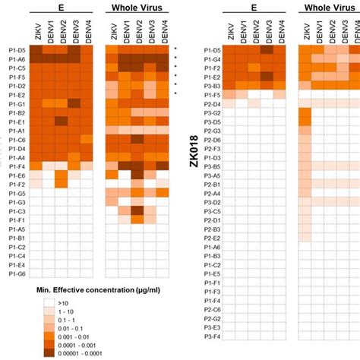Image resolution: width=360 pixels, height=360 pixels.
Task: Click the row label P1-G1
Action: tap(16, 103)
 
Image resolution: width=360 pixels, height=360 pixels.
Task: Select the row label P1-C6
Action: tap(16, 139)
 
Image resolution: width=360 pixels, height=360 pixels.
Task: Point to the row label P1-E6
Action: tap(16, 175)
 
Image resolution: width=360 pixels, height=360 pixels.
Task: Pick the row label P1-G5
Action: tap(16, 194)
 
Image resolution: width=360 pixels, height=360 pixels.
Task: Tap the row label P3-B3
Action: tap(212, 85)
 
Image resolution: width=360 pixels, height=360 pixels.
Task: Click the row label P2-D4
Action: tap(212, 103)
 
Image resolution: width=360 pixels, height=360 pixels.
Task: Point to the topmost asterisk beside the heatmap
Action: tap(175, 48)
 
